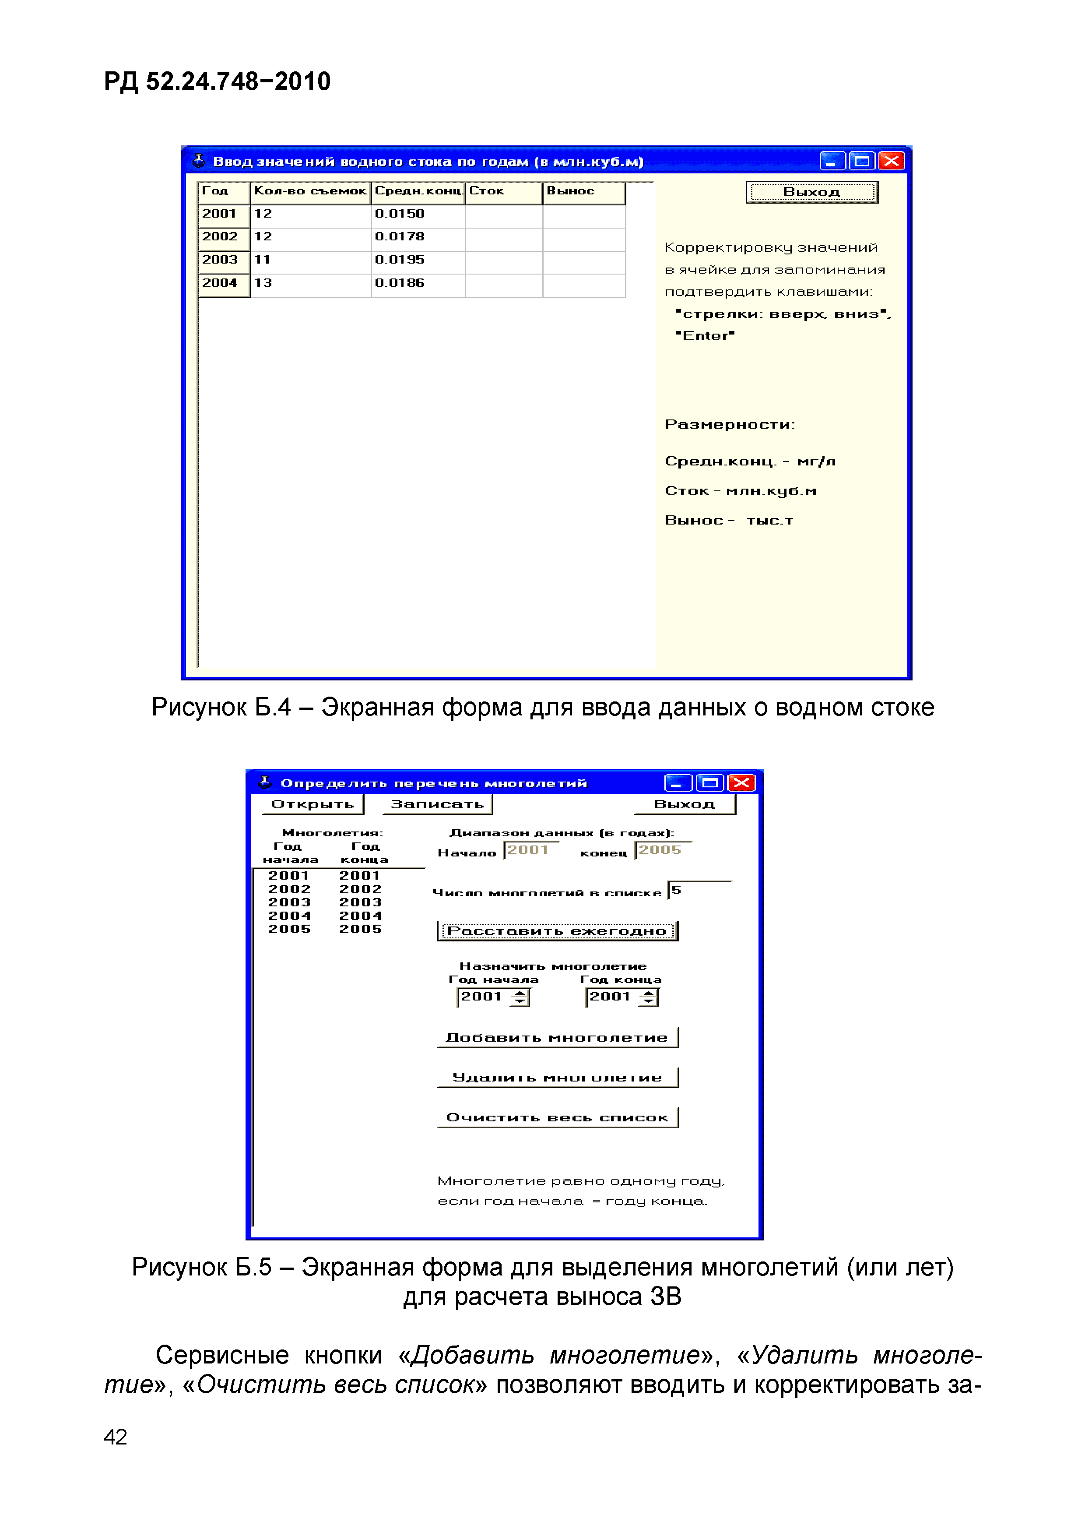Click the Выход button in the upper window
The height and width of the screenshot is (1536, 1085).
(811, 192)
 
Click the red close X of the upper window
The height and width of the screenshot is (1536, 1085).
(891, 161)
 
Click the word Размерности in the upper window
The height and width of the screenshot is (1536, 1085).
(729, 424)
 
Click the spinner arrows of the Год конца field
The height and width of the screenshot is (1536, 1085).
(648, 997)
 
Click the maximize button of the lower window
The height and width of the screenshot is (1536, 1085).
(709, 783)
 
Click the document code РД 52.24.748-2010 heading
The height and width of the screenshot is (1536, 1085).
(217, 81)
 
